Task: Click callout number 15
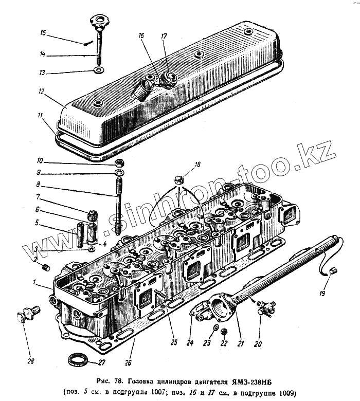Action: [43, 33]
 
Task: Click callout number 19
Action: [322, 295]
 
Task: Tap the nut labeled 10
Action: [117, 163]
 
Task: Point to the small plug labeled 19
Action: [333, 271]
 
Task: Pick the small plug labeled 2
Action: [45, 267]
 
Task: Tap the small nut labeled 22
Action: [223, 332]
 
